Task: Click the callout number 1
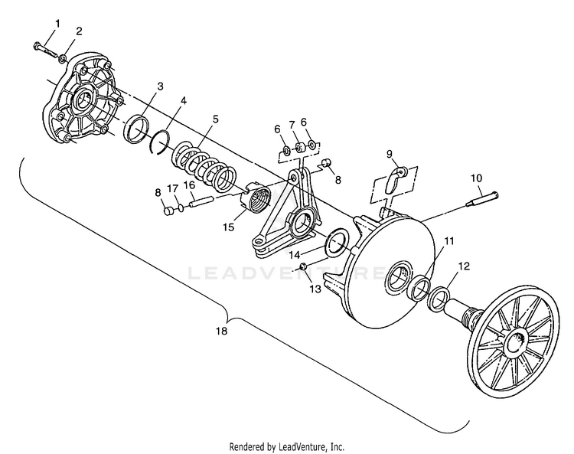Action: pos(57,24)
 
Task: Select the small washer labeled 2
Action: pos(64,58)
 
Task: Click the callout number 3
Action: pos(160,87)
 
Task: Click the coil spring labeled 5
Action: pos(204,168)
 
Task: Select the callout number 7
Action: pos(292,126)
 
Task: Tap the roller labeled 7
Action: pos(300,148)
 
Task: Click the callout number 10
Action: pos(476,178)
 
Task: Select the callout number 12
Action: pos(464,266)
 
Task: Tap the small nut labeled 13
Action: pos(304,266)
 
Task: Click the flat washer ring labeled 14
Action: pos(338,243)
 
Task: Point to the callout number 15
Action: pos(228,227)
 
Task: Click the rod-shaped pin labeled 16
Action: pos(201,202)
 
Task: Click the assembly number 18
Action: pos(221,331)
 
